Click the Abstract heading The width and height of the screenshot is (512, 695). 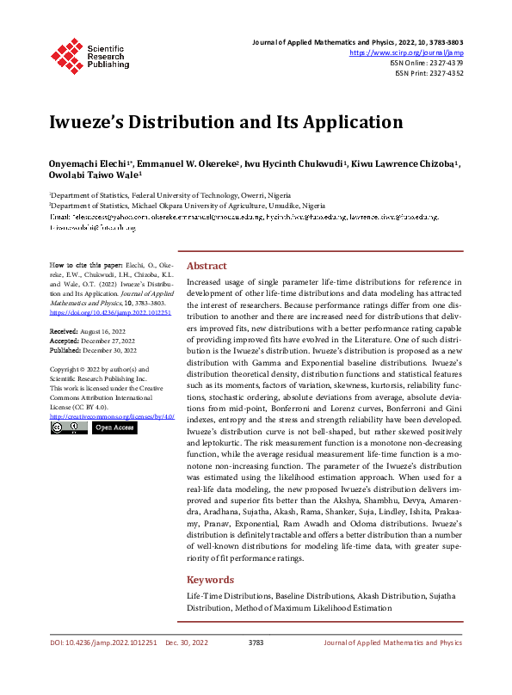pos(207,266)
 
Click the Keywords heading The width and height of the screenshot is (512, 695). pos(210,580)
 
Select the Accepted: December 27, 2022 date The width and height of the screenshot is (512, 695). pos(92,339)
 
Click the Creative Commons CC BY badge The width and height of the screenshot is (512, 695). pos(68,427)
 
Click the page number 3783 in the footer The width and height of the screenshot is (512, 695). pos(256,643)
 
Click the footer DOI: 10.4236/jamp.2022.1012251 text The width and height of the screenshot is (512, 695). pos(102,643)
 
